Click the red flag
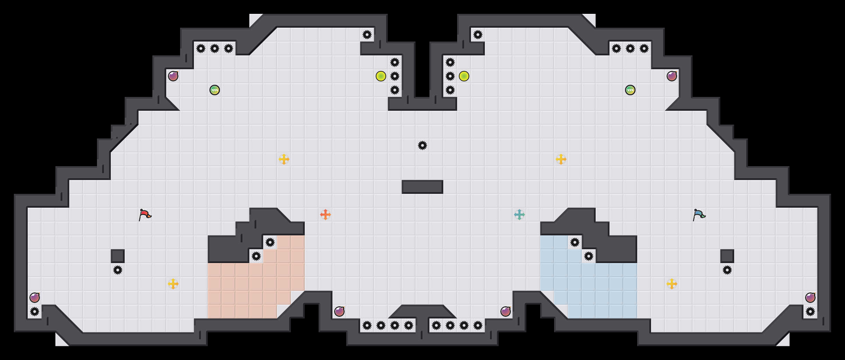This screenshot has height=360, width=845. click(145, 215)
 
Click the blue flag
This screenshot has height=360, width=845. click(699, 215)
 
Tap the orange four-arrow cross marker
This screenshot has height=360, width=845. click(326, 215)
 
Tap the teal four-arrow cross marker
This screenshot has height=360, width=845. click(519, 215)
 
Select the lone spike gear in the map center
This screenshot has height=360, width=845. click(423, 145)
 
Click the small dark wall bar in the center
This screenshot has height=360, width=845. click(423, 187)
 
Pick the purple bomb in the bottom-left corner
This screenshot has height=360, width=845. click(35, 298)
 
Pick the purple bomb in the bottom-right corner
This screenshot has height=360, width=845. click(810, 298)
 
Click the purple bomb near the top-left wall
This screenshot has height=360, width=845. click(173, 76)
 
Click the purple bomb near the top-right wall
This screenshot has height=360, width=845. click(672, 76)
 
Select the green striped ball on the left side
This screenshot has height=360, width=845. click(215, 90)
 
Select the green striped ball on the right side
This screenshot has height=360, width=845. click(630, 90)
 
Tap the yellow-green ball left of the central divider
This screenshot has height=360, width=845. click(381, 76)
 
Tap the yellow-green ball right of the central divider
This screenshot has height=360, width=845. click(464, 76)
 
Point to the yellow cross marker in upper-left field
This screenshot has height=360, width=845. click(284, 159)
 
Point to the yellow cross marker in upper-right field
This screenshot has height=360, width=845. click(561, 159)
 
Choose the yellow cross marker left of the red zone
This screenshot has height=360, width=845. click(173, 284)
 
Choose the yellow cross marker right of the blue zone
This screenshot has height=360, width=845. click(672, 284)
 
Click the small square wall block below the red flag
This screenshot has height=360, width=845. click(118, 256)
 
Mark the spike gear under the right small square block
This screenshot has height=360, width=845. click(727, 270)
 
